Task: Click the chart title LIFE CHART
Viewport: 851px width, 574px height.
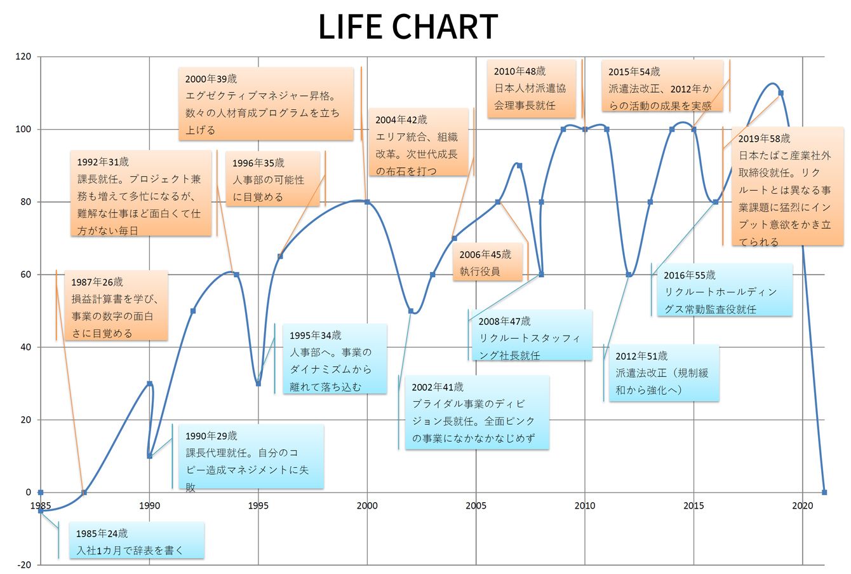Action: [408, 27]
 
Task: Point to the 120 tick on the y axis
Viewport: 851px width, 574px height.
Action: [23, 57]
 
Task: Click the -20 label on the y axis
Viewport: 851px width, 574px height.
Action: [23, 564]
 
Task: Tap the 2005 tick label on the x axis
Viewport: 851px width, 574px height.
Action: [476, 506]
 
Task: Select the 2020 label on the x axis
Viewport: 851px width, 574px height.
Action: [802, 506]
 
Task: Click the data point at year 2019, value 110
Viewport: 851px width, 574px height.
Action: [781, 93]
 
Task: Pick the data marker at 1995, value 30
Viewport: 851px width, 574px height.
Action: [258, 383]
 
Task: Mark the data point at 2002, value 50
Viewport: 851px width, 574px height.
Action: [411, 311]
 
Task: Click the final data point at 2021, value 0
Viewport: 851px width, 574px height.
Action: [824, 492]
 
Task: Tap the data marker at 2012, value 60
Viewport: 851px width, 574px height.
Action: [628, 275]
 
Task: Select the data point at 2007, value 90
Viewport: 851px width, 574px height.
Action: [519, 165]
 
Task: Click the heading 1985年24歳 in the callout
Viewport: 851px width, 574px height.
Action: [102, 533]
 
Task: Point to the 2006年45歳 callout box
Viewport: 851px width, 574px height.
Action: [490, 263]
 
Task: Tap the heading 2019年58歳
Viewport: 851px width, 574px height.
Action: [764, 139]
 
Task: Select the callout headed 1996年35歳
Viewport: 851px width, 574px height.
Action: [274, 180]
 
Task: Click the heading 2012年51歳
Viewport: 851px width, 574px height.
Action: [641, 356]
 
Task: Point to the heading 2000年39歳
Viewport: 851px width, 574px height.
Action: [211, 79]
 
